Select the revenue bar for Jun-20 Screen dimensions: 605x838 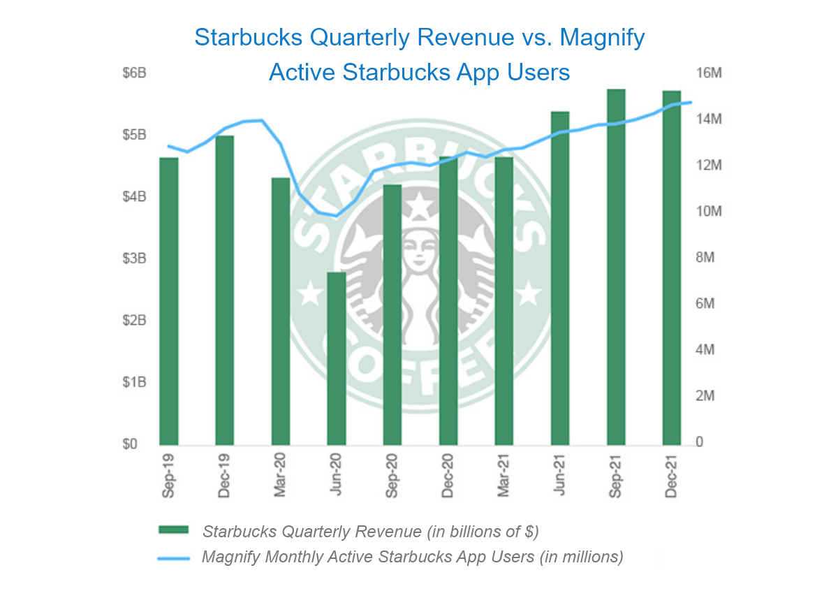(337, 358)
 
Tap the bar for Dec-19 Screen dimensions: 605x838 (224, 290)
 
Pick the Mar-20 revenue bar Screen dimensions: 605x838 (280, 311)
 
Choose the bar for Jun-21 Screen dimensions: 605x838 (560, 278)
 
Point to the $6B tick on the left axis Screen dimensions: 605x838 (134, 73)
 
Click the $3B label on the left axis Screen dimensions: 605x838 (134, 258)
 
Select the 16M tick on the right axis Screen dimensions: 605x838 (707, 73)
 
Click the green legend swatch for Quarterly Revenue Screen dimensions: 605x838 (174, 531)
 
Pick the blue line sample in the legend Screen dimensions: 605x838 (174, 557)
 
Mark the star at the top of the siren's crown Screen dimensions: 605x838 (419, 206)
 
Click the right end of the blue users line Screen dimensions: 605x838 (690, 103)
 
